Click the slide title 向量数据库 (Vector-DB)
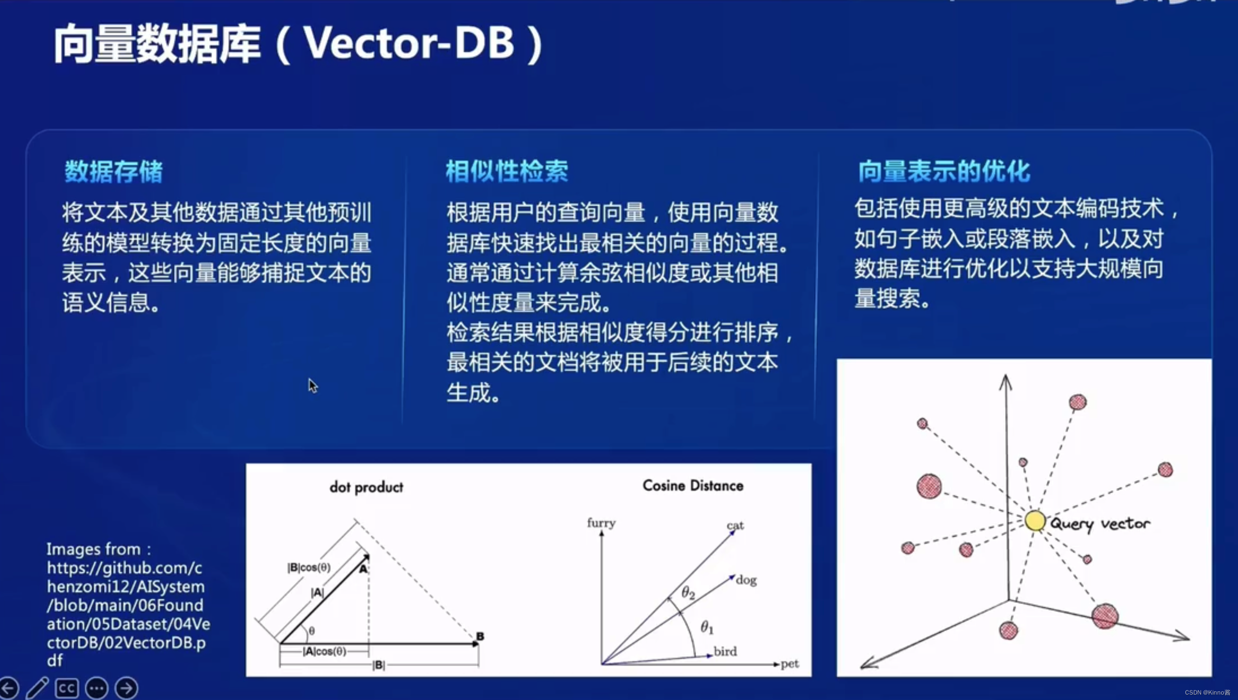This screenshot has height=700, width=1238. [x=298, y=44]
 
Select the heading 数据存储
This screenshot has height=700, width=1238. [x=114, y=172]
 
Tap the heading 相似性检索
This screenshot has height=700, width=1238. [x=507, y=172]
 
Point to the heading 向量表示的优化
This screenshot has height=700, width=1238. [x=944, y=172]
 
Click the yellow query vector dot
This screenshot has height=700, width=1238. [x=1035, y=521]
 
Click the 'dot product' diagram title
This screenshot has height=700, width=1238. [x=366, y=487]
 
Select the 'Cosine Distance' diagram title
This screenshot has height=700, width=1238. [x=693, y=486]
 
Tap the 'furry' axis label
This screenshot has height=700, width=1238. [x=601, y=523]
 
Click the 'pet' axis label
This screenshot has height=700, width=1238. [x=790, y=664]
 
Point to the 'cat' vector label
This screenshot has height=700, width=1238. [x=736, y=525]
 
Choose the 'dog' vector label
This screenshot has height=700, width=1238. [x=746, y=580]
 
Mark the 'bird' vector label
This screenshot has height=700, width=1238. [x=725, y=651]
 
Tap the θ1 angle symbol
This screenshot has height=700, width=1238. [x=707, y=627]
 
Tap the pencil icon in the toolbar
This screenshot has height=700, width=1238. [x=38, y=688]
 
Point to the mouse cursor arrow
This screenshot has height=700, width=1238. [x=313, y=386]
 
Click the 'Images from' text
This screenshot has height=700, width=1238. [x=98, y=549]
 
